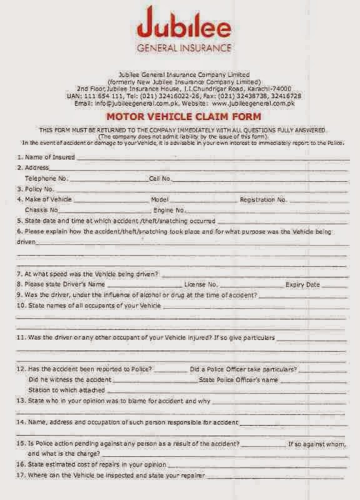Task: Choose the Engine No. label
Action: (169, 210)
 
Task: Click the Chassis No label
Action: (42, 210)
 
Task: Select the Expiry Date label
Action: (303, 284)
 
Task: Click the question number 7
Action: (19, 274)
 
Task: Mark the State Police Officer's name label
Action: (237, 379)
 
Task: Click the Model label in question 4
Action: (160, 199)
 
